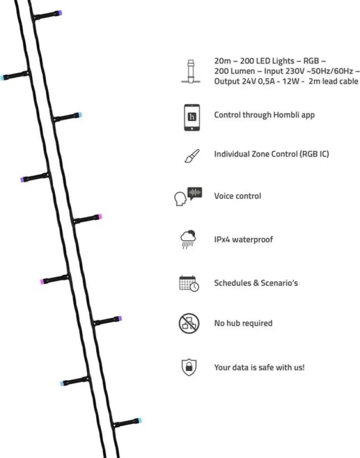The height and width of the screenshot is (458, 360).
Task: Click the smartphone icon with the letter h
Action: (x=192, y=118)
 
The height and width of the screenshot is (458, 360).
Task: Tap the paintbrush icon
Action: (x=192, y=156)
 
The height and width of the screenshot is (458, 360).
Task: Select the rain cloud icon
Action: (x=188, y=240)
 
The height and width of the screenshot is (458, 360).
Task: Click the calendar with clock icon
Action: (x=189, y=283)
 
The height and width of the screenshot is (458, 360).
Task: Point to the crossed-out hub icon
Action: (x=189, y=324)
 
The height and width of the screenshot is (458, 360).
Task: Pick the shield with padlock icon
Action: (x=189, y=367)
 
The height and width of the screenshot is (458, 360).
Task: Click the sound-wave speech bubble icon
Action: (x=195, y=193)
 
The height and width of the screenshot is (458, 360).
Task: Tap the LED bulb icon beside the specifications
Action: (x=191, y=72)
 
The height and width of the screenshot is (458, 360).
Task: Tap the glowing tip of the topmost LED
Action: (x=60, y=13)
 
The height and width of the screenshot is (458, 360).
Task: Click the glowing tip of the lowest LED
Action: (x=140, y=420)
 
